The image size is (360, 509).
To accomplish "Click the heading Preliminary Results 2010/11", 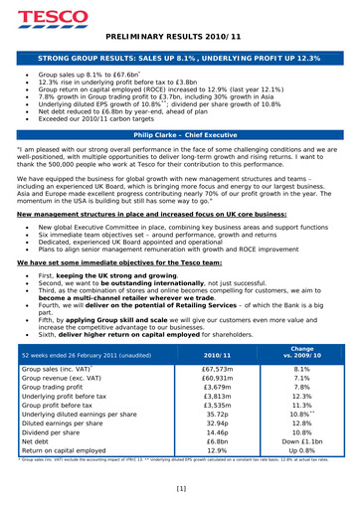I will point(179,36).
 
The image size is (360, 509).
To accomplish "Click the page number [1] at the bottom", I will point(180,489).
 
